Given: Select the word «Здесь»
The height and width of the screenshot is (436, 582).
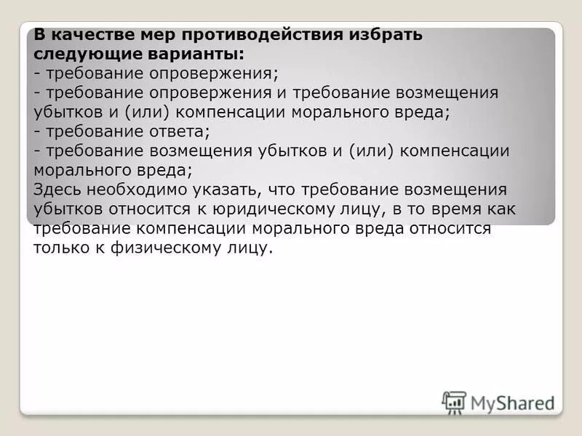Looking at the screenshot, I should [58, 190].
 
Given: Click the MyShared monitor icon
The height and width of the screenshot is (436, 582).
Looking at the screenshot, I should [454, 402].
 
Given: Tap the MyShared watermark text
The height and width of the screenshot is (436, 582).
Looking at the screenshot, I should [512, 403].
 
